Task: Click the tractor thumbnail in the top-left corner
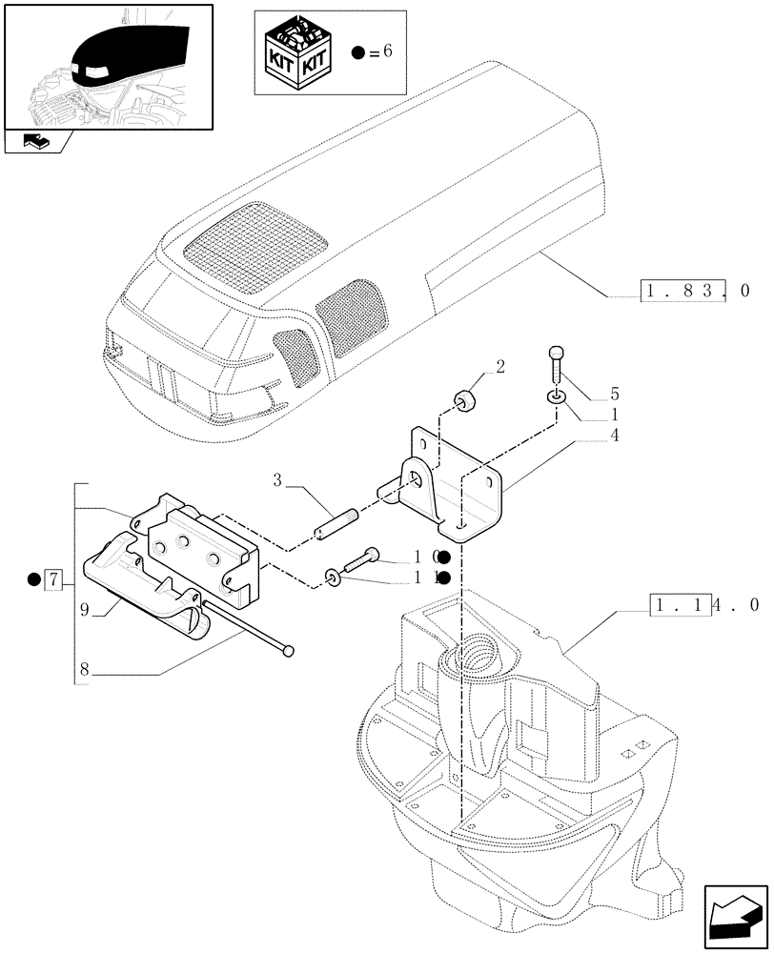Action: click(108, 66)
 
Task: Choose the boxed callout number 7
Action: click(54, 578)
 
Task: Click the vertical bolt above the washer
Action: click(557, 366)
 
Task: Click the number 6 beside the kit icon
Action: click(387, 52)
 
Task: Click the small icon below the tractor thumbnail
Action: click(35, 142)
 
